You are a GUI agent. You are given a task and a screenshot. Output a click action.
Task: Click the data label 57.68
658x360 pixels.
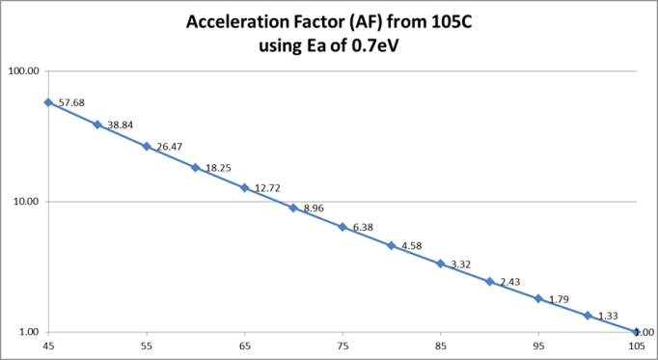(x=71, y=101)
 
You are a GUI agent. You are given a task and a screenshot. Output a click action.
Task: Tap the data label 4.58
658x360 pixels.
(x=410, y=246)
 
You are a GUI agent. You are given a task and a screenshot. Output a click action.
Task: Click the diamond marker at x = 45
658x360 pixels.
(x=48, y=102)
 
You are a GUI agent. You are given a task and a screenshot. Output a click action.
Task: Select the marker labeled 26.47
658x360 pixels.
(x=147, y=147)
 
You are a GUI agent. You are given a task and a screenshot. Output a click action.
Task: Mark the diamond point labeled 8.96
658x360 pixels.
(x=293, y=208)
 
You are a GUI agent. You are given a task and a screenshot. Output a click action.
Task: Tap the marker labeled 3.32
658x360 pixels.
(x=441, y=263)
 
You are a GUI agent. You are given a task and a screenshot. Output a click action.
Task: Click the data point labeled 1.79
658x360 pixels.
(x=538, y=298)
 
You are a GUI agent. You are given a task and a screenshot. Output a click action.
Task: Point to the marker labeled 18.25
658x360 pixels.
(x=195, y=167)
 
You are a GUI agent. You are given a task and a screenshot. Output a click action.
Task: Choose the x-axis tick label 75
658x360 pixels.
(x=343, y=345)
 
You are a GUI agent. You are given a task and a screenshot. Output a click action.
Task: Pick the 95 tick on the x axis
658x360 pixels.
(x=538, y=345)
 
